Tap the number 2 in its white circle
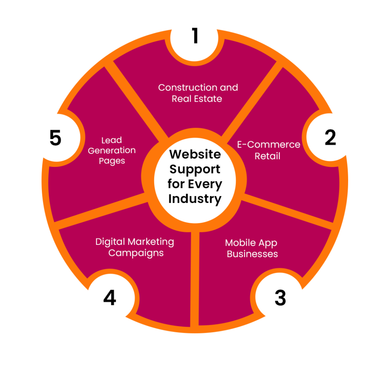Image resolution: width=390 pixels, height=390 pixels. click(x=330, y=137)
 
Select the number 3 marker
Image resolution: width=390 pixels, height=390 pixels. click(x=280, y=297)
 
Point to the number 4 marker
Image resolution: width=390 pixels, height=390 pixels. click(x=110, y=297)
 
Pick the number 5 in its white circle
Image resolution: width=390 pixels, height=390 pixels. click(x=56, y=137)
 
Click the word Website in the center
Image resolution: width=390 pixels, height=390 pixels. click(x=195, y=154)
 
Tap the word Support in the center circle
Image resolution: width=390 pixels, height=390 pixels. click(x=195, y=169)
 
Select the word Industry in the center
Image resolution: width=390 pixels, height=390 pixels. click(x=195, y=199)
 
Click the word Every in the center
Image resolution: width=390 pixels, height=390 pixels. click(x=205, y=184)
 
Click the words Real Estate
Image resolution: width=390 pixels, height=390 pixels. click(x=197, y=99)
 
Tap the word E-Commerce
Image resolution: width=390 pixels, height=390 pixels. click(x=269, y=144)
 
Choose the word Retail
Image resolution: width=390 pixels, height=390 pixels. click(x=267, y=156)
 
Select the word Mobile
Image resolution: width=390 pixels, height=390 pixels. click(x=241, y=243)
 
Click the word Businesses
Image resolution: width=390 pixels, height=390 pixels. click(x=252, y=254)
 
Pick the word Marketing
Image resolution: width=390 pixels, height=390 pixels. click(x=151, y=242)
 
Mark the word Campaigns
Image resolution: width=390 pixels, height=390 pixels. click(x=136, y=253)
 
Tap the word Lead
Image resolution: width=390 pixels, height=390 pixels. click(x=112, y=140)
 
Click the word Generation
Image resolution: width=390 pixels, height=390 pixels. click(x=112, y=150)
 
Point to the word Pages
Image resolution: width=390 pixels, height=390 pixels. click(x=112, y=161)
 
